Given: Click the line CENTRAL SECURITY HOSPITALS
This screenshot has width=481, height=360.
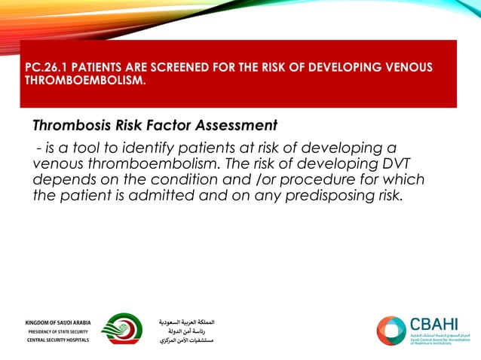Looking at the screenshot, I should [57, 340].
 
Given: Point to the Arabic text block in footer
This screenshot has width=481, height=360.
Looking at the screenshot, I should [187, 331].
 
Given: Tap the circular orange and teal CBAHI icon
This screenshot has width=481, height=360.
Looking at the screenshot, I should [391, 331].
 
